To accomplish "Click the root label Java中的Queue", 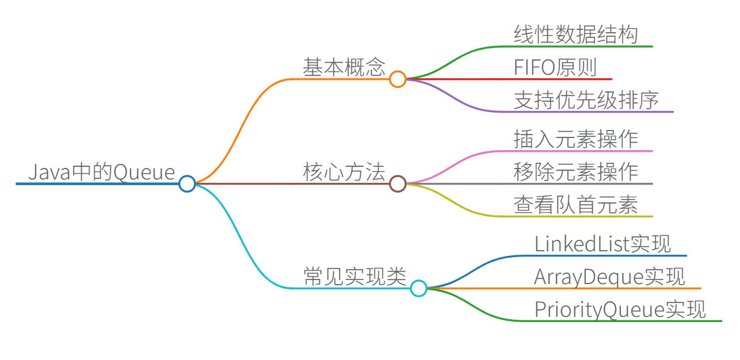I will click(x=101, y=173).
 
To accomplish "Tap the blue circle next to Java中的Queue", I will click(x=187, y=184).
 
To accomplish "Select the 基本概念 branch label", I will click(x=344, y=68).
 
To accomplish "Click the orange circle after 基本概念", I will click(x=398, y=79).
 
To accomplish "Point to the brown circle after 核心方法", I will click(x=398, y=184).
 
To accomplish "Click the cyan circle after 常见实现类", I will click(x=418, y=288).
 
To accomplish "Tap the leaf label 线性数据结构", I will click(x=576, y=35).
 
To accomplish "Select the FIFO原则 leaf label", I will click(x=555, y=68).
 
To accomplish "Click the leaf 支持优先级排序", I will click(x=586, y=101).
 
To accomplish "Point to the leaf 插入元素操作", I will click(x=576, y=140).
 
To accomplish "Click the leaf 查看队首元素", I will click(x=576, y=205).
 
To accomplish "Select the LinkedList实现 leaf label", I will click(x=602, y=244).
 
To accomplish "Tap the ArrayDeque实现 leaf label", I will click(x=609, y=277).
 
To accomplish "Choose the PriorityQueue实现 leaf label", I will click(x=620, y=310).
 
